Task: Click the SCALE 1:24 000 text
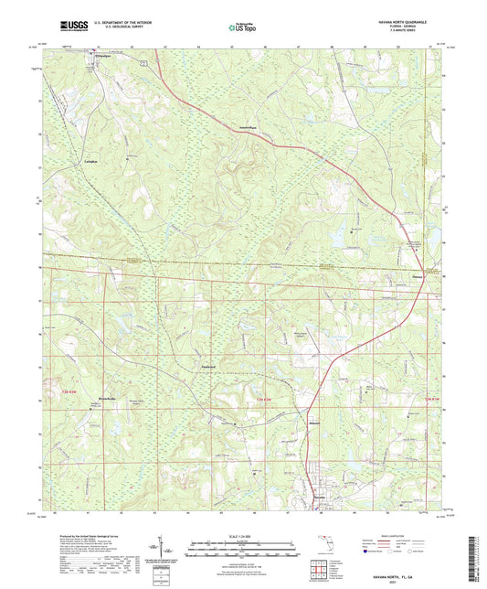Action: click(243, 535)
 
